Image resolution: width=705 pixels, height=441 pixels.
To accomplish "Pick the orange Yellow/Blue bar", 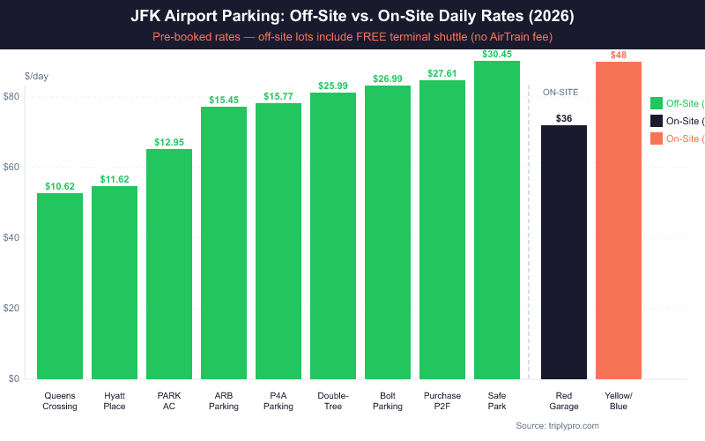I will click(x=619, y=220).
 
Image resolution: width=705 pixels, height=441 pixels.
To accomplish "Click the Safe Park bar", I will click(x=497, y=220).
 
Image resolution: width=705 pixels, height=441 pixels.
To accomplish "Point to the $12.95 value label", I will click(x=169, y=142).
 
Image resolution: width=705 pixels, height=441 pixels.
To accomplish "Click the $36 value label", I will click(x=564, y=118).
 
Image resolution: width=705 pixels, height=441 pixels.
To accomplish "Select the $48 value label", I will click(x=619, y=56).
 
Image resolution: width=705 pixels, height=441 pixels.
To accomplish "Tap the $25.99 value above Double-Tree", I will click(x=333, y=86).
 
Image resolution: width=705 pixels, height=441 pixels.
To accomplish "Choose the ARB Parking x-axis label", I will click(x=224, y=401).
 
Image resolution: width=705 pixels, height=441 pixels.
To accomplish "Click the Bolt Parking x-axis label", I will click(x=388, y=401).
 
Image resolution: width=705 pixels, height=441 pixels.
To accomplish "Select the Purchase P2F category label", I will click(x=442, y=401).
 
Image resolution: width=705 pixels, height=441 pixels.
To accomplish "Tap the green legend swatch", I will click(x=656, y=103).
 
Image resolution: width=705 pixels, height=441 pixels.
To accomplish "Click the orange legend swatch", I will click(x=656, y=138).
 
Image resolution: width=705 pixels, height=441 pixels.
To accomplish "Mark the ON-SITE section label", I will click(x=560, y=92).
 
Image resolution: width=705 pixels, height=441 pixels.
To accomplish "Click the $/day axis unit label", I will click(x=36, y=76).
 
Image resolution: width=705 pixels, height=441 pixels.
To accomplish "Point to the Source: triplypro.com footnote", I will click(x=557, y=426).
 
